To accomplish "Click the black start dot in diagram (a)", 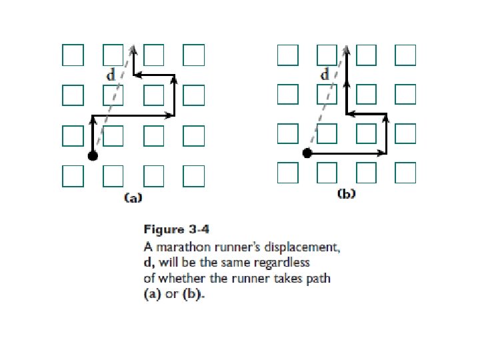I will click(x=93, y=156).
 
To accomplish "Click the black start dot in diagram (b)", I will click(x=307, y=153).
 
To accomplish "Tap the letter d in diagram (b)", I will click(x=325, y=75).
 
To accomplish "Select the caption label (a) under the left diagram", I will click(x=133, y=197).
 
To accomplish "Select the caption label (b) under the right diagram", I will click(x=347, y=195).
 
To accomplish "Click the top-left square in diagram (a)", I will click(x=73, y=55).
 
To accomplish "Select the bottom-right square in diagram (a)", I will click(x=193, y=176).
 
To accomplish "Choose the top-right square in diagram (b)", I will click(x=405, y=55).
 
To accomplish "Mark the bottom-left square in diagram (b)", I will click(x=287, y=173).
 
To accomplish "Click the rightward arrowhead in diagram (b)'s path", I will click(x=383, y=153).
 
